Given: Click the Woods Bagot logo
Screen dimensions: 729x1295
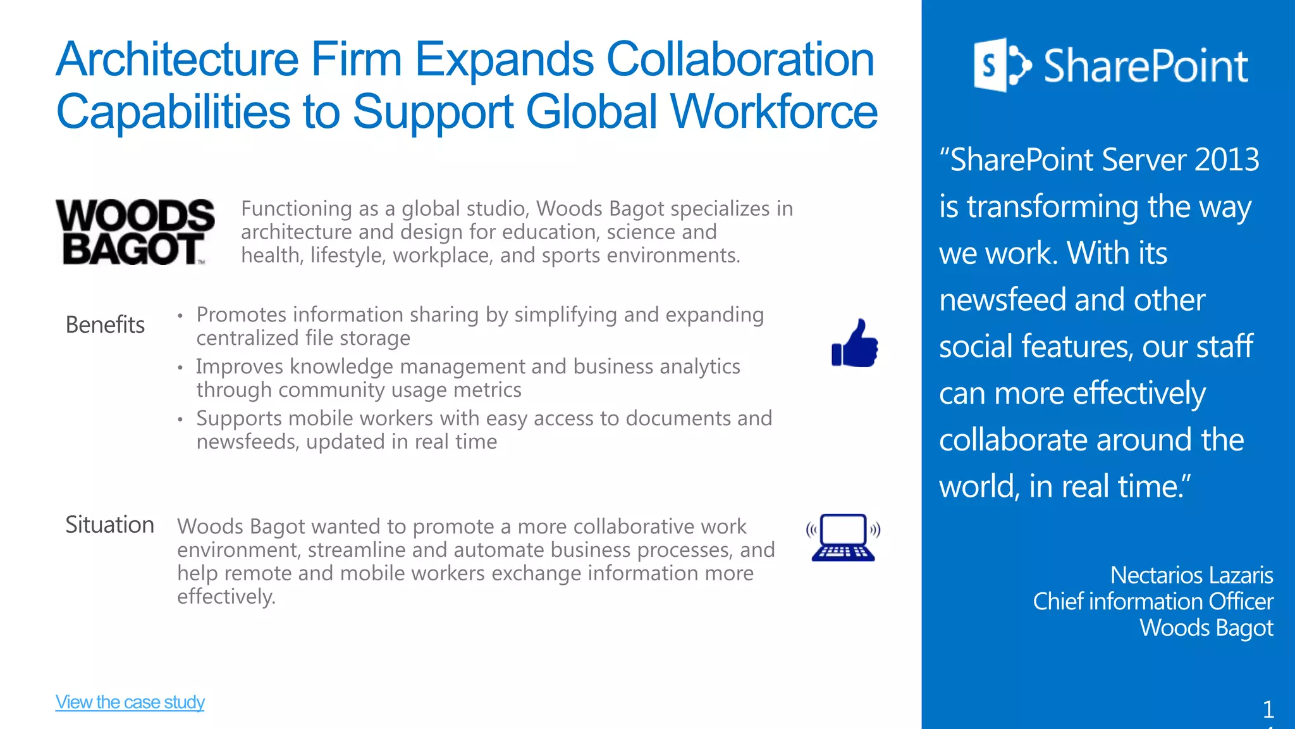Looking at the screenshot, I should pos(135,232).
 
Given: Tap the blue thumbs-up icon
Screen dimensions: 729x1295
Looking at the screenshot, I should pos(855,343).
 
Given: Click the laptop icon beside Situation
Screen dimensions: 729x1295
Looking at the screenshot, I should pos(844,537).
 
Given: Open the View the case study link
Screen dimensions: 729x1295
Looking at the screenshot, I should pos(130,702).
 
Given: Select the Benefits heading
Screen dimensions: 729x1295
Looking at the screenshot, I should pos(105,325).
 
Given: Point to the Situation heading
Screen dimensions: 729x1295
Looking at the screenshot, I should pos(109,525).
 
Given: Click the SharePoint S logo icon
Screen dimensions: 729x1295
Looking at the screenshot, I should pos(1002,65).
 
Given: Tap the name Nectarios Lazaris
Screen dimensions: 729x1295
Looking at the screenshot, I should pos(1191,575).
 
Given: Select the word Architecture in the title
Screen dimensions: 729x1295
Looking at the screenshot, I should pos(177,59).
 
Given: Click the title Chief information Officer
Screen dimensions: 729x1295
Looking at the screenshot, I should pos(1153,601).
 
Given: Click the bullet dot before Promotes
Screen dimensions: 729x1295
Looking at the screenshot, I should pos(180,315).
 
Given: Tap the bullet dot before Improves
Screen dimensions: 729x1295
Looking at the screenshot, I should pos(180,367).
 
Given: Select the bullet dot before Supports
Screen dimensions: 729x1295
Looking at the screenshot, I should pos(180,419).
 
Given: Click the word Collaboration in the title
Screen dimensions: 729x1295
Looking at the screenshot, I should pos(740,59).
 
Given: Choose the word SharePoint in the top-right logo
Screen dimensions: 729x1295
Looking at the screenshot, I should pos(1146,66).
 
